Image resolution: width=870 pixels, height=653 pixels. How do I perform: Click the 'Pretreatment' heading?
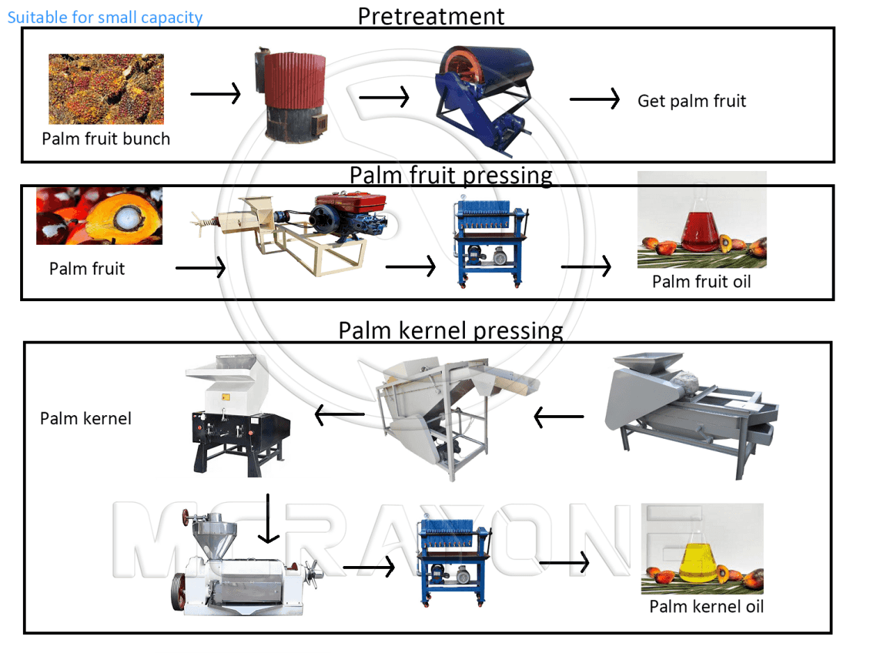(x=431, y=16)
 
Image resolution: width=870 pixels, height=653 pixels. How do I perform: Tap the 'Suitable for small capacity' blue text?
(x=105, y=17)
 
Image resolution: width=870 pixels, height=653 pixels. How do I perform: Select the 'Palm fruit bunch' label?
(x=106, y=139)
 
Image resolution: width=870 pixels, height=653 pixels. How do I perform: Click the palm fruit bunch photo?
(x=106, y=89)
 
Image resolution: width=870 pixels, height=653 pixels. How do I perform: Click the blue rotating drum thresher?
(x=486, y=100)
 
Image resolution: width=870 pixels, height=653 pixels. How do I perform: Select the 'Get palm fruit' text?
(x=691, y=101)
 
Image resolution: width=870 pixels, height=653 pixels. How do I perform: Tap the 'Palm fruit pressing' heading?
(x=451, y=175)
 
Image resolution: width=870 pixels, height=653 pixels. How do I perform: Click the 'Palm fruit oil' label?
(x=701, y=282)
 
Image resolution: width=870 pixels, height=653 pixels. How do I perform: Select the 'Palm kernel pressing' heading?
(x=451, y=330)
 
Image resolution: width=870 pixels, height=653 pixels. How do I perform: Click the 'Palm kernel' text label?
(x=85, y=418)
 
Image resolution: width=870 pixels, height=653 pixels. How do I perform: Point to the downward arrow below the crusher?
(x=268, y=518)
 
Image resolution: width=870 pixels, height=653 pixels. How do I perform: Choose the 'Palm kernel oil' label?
(x=706, y=606)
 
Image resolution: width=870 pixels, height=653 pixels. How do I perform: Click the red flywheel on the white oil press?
(x=178, y=592)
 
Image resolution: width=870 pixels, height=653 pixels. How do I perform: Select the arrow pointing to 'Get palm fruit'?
(x=595, y=99)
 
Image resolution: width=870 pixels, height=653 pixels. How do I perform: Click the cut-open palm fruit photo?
(x=99, y=216)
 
